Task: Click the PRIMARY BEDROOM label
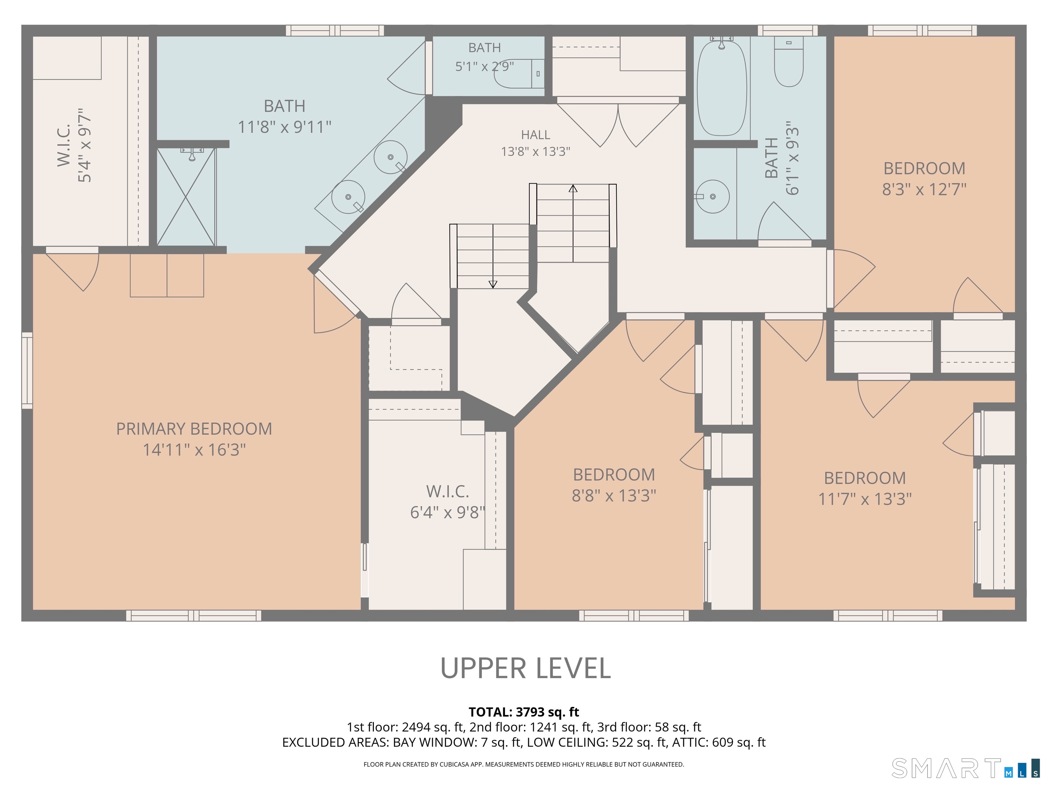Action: pyautogui.click(x=194, y=429)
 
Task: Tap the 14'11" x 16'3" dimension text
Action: pyautogui.click(x=194, y=450)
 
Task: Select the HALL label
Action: pyautogui.click(x=535, y=135)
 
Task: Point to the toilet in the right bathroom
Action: pyautogui.click(x=789, y=62)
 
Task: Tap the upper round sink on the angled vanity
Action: pyautogui.click(x=390, y=157)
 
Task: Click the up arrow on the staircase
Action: pyautogui.click(x=573, y=223)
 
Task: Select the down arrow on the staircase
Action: pyautogui.click(x=493, y=256)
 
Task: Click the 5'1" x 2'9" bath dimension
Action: pyautogui.click(x=485, y=66)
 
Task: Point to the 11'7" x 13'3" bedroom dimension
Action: pyautogui.click(x=865, y=499)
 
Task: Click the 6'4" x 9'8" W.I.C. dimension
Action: pyautogui.click(x=448, y=512)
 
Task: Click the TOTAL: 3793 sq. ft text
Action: pyautogui.click(x=524, y=712)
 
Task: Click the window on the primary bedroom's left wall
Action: pyautogui.click(x=27, y=370)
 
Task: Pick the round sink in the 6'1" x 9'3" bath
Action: pyautogui.click(x=713, y=196)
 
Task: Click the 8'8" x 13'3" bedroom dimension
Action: pyautogui.click(x=614, y=496)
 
